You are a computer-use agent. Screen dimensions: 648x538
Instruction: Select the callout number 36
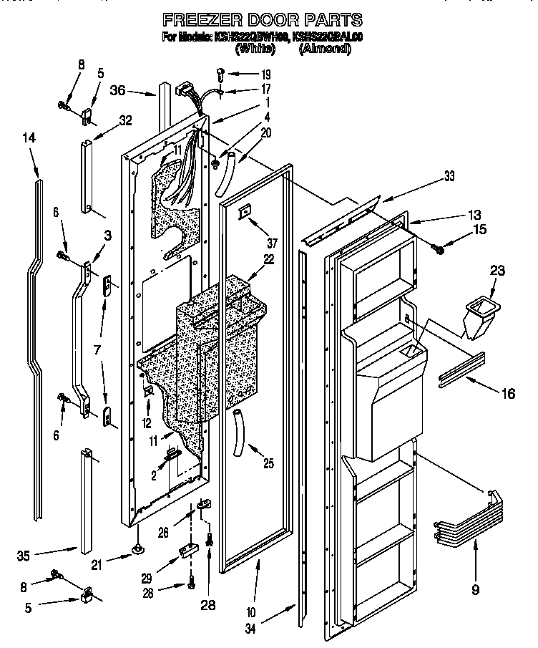[118, 90]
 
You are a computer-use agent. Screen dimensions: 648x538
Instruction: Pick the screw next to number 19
[220, 72]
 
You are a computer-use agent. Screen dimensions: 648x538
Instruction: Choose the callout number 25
[268, 463]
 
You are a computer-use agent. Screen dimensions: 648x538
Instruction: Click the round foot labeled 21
[136, 549]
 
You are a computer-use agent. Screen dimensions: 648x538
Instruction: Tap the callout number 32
[126, 120]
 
